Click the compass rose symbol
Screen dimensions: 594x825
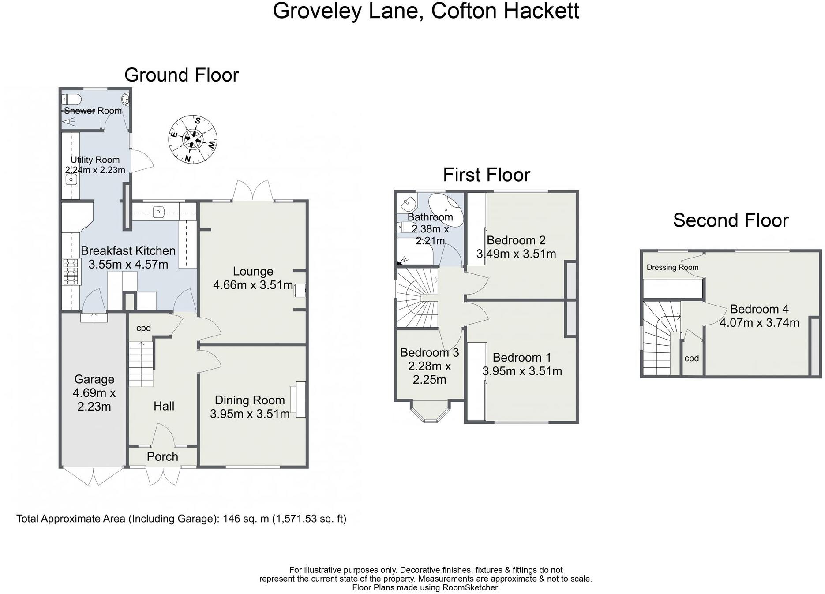pos(193,140)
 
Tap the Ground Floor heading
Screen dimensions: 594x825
pos(181,75)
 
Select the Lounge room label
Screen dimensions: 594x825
pos(253,271)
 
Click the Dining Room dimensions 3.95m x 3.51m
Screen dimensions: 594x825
pos(250,414)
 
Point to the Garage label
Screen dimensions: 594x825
pos(94,379)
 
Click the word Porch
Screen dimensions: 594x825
pos(162,457)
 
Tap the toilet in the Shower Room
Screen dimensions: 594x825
pos(71,98)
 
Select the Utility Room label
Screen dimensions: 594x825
pos(95,160)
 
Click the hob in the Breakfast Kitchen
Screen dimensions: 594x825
pos(71,272)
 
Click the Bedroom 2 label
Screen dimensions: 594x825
pos(516,240)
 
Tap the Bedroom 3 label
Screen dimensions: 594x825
pos(429,353)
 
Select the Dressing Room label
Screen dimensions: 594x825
pos(672,267)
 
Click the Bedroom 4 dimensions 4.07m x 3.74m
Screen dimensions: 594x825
pos(759,323)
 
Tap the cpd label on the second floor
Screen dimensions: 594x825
pos(691,359)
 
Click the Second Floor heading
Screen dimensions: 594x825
pos(731,220)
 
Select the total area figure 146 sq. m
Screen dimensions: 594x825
pos(246,519)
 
